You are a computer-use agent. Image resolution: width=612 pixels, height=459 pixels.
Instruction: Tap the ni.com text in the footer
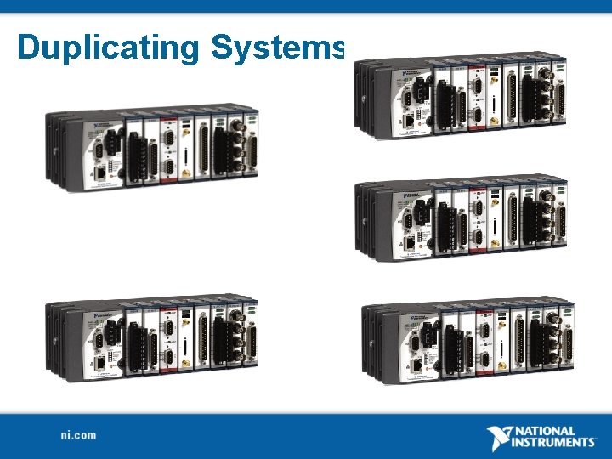[x=78, y=435]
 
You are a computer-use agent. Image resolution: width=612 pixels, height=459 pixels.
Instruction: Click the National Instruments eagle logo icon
[x=501, y=437]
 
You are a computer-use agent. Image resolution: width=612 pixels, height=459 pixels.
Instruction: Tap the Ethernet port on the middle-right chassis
[x=411, y=240]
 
